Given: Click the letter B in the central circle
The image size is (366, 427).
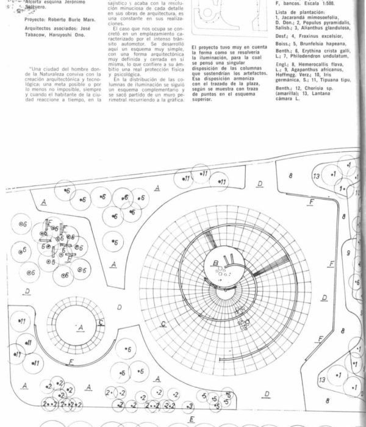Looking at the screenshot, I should [x=216, y=262].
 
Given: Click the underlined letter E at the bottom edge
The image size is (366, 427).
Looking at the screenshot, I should [x=192, y=420].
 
